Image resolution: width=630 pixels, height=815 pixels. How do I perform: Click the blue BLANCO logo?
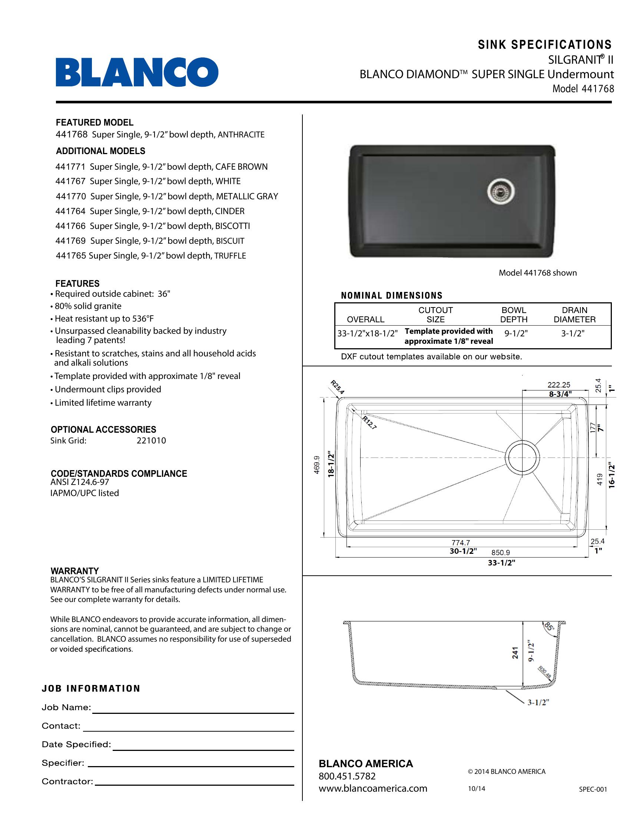pyautogui.click(x=137, y=72)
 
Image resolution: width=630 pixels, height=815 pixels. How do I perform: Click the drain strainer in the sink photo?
pyautogui.click(x=501, y=192)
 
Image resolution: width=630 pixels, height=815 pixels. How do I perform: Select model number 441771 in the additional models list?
pyautogui.click(x=70, y=167)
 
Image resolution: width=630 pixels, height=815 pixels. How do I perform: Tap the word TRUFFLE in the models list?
pyautogui.click(x=230, y=256)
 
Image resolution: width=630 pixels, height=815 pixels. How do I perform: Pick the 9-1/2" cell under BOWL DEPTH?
pyautogui.click(x=516, y=334)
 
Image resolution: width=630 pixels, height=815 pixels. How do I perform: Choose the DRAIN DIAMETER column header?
pyautogui.click(x=574, y=315)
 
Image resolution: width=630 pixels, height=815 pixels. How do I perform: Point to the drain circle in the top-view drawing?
pyautogui.click(x=522, y=457)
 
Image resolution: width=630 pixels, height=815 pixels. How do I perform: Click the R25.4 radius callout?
pyautogui.click(x=337, y=387)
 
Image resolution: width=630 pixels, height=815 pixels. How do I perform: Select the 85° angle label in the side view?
pyautogui.click(x=549, y=626)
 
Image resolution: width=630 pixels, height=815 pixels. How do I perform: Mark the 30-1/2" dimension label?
pyautogui.click(x=463, y=551)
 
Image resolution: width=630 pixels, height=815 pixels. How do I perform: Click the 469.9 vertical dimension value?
pyautogui.click(x=317, y=465)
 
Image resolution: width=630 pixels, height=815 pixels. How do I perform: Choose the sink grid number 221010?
pyautogui.click(x=151, y=441)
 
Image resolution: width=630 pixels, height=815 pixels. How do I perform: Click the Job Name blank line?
pyautogui.click(x=193, y=712)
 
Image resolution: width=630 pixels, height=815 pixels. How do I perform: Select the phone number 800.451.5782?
pyautogui.click(x=347, y=776)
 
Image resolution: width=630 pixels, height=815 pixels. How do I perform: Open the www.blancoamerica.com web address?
pyautogui.click(x=372, y=788)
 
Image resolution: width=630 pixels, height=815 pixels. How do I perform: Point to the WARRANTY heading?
pyautogui.click(x=74, y=571)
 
